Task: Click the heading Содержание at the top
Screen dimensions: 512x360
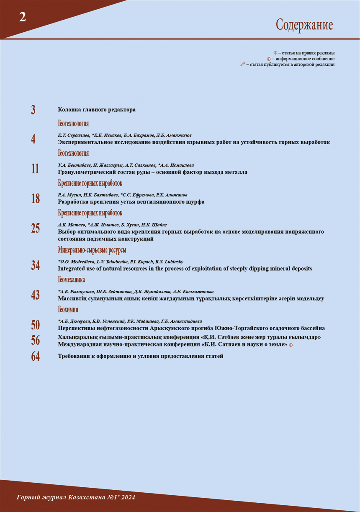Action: pyautogui.click(x=304, y=25)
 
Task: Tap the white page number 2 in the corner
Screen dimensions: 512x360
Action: pyautogui.click(x=23, y=17)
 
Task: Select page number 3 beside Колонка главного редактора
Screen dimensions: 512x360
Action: pyautogui.click(x=33, y=110)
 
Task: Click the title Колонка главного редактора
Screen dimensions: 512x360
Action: pyautogui.click(x=97, y=110)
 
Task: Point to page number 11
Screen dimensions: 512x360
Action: pyautogui.click(x=35, y=169)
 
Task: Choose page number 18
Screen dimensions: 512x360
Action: pyautogui.click(x=36, y=199)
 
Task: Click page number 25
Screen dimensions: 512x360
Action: pyautogui.click(x=36, y=228)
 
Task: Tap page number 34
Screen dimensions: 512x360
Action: pyautogui.click(x=36, y=265)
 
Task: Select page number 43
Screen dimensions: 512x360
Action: pyautogui.click(x=36, y=295)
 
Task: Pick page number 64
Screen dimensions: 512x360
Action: pyautogui.click(x=36, y=357)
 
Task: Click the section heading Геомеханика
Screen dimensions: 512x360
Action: pyautogui.click(x=71, y=280)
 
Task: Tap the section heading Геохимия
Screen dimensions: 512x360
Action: pyautogui.click(x=68, y=310)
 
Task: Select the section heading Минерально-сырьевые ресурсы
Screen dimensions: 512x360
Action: pyautogui.click(x=92, y=250)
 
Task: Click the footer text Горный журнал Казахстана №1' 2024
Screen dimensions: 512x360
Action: pyautogui.click(x=76, y=497)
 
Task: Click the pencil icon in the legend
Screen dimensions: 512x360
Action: pyautogui.click(x=243, y=65)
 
